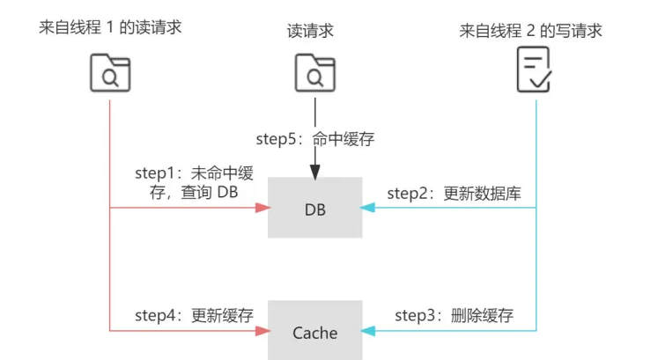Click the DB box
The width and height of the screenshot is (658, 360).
314,208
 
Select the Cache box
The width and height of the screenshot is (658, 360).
314,331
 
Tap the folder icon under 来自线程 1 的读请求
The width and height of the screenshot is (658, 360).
110,72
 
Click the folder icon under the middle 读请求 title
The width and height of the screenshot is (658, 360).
314,72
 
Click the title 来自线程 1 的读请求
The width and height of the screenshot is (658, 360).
110,29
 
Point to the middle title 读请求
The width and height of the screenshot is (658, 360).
314,29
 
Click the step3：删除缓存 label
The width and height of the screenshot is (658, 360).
454,315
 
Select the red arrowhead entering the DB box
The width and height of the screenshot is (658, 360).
262,209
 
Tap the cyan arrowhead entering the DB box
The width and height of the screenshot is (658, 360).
367,209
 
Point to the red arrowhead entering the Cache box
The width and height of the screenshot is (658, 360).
262,331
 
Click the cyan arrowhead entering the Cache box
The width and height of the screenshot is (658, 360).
367,331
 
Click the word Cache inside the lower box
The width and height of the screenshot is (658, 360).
314,333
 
